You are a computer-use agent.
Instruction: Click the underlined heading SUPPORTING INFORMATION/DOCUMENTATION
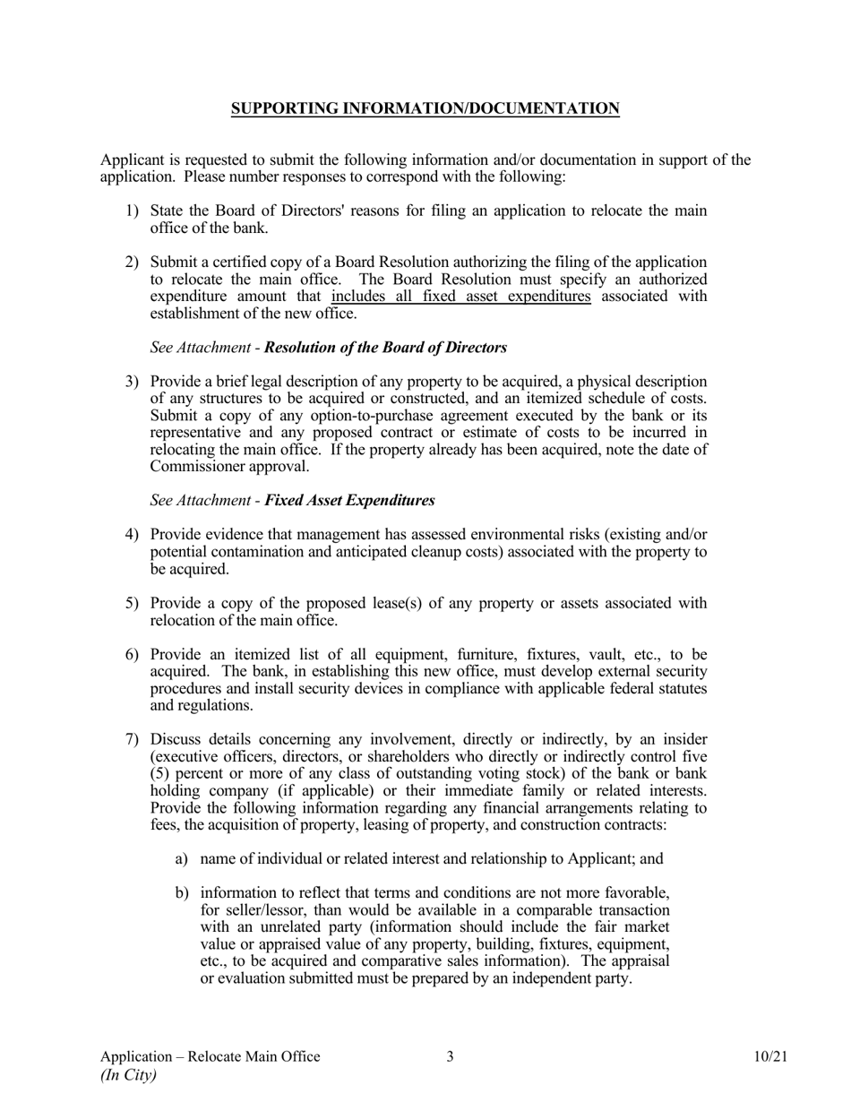click(x=425, y=108)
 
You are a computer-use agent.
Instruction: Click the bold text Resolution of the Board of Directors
click(x=385, y=348)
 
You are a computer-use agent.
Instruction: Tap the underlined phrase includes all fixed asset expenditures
click(x=460, y=297)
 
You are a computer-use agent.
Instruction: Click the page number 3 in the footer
click(x=450, y=1056)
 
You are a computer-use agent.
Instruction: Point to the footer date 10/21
click(x=770, y=1056)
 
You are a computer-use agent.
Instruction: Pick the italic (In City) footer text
click(x=128, y=1075)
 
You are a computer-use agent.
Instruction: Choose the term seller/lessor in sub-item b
click(x=262, y=910)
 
